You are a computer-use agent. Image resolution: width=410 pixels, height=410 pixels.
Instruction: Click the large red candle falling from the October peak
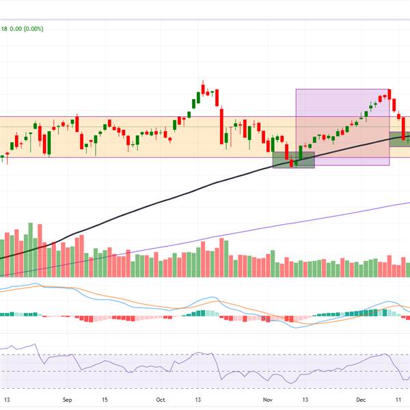(x=223, y=126)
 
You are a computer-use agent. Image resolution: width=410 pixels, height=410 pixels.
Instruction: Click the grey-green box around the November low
(x=294, y=160)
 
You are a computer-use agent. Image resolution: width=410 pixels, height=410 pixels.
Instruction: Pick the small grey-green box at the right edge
(x=400, y=138)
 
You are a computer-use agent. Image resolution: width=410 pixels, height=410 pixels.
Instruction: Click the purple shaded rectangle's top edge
(x=342, y=90)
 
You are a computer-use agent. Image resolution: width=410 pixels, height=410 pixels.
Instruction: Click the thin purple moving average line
(x=273, y=227)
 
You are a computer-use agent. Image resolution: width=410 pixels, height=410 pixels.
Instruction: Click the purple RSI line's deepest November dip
(x=292, y=382)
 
